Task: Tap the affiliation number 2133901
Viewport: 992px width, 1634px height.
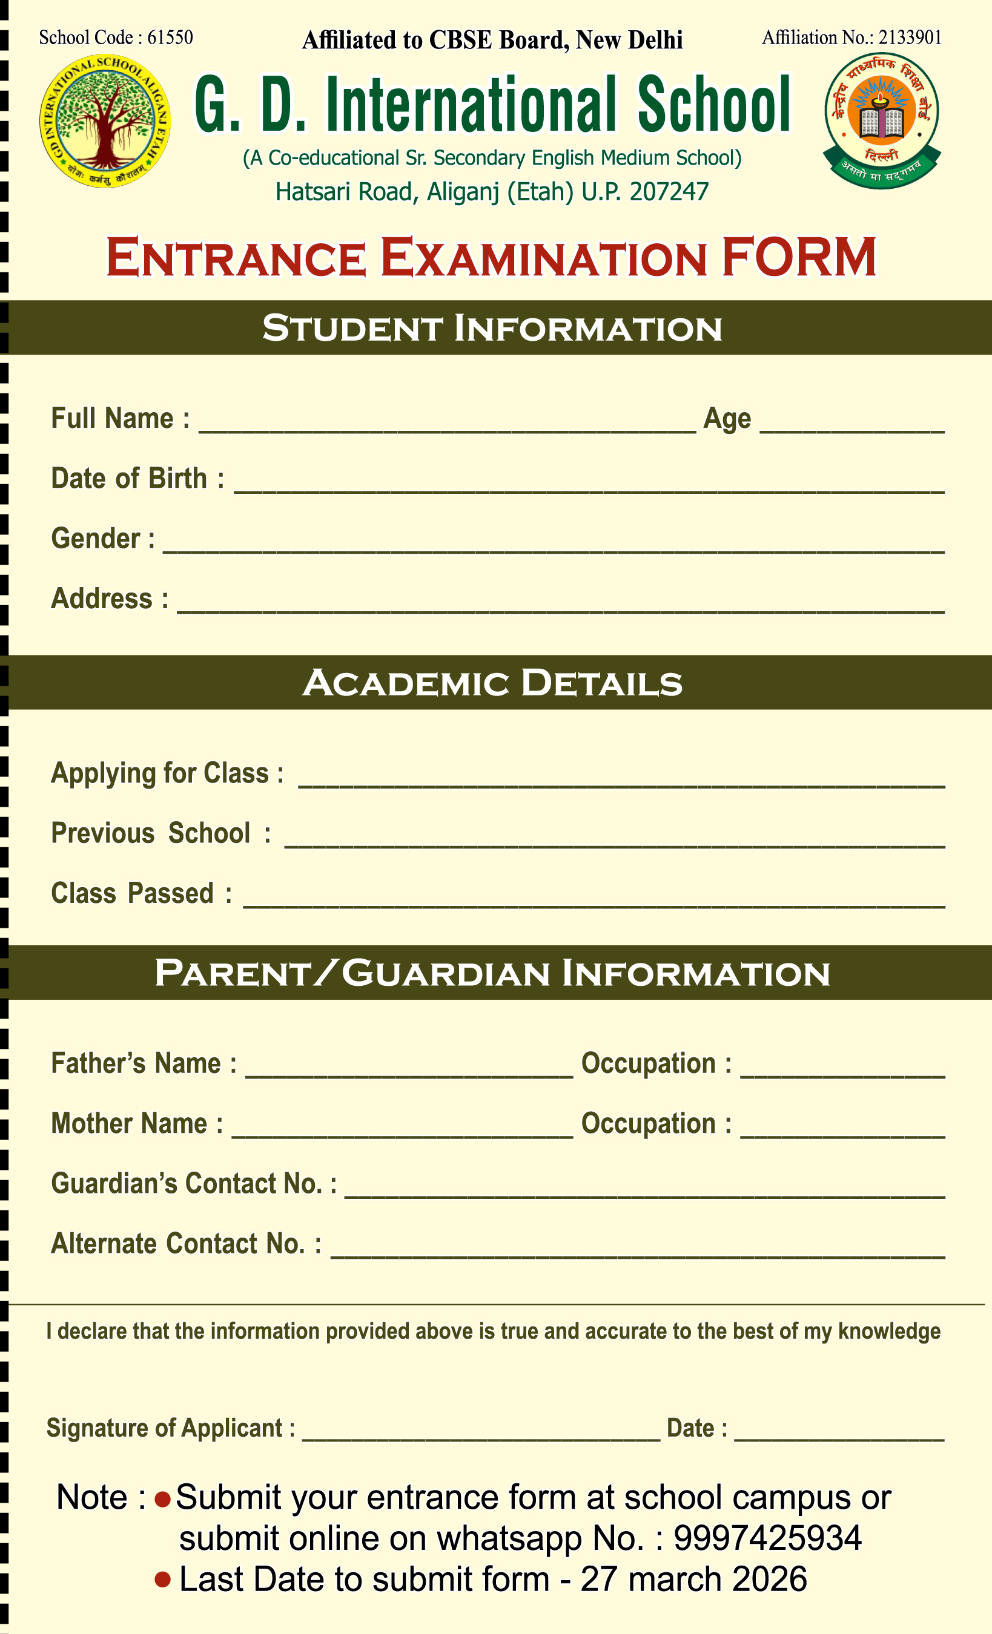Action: pos(910,38)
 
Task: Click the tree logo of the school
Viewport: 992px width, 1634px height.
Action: pos(105,120)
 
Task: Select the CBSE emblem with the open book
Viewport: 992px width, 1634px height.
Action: pos(882,120)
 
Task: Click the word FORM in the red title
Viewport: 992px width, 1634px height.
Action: pos(799,257)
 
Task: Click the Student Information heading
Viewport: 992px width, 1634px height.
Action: pos(492,328)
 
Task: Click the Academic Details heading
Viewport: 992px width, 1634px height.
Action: pos(492,683)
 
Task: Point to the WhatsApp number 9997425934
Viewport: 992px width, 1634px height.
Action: pos(767,1538)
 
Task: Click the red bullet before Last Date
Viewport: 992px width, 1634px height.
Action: pos(162,1580)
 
